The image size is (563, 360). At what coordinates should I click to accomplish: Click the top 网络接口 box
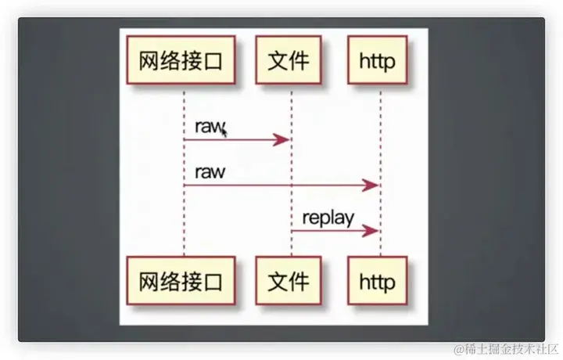click(x=184, y=59)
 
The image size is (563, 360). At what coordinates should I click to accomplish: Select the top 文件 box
click(x=289, y=59)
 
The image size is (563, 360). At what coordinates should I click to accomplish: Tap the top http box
click(x=377, y=59)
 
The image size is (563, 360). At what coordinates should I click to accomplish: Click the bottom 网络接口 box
click(x=184, y=280)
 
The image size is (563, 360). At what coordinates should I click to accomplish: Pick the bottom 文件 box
click(x=289, y=280)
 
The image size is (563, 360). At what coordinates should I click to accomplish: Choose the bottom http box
click(x=377, y=280)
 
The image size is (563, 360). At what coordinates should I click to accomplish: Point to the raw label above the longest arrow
click(x=209, y=171)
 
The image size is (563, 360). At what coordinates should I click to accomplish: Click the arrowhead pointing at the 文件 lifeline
click(x=283, y=139)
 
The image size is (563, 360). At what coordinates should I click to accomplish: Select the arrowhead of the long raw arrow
click(x=372, y=185)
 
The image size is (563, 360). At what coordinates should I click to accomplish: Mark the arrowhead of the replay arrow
click(x=372, y=230)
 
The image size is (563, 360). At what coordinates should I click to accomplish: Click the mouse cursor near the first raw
click(x=224, y=133)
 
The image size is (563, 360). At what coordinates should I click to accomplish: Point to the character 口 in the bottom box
click(x=219, y=280)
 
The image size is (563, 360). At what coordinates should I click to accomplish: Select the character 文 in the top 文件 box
click(x=278, y=59)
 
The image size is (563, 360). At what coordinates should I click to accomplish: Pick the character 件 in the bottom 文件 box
click(x=299, y=280)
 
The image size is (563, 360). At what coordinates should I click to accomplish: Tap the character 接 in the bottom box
click(x=195, y=280)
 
